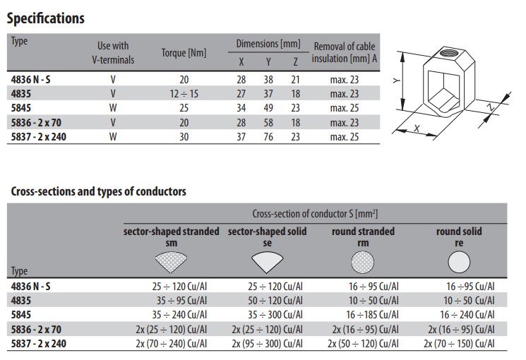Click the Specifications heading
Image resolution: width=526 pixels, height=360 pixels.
[x=45, y=18]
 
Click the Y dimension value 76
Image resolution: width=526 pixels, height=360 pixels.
[x=268, y=136]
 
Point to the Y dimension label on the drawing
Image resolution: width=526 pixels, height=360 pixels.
[x=398, y=82]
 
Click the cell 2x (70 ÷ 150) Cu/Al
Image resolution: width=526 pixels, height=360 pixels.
[x=459, y=344]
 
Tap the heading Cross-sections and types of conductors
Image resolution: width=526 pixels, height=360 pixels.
[x=98, y=191]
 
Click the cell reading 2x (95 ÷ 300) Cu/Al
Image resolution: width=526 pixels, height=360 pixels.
[x=267, y=344]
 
